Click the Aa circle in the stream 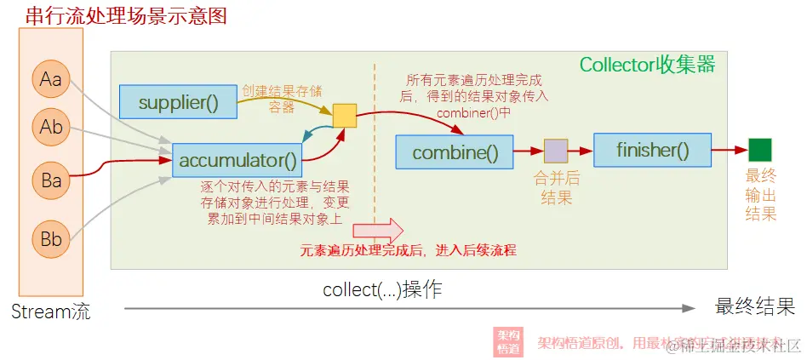pos(51,79)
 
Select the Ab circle pos(51,128)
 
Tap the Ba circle pos(51,180)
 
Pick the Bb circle pos(51,239)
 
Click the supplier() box pos(177,102)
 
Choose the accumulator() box pos(238,159)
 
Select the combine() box pos(455,152)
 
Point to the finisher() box pos(652,150)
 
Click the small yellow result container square pos(344,115)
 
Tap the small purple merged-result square pos(556,151)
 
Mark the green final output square pos(759,150)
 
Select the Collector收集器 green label pos(647,65)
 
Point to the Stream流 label pos(50,311)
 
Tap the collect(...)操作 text pos(382,289)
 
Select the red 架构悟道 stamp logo pos(509,342)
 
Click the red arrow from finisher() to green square pos(730,150)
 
